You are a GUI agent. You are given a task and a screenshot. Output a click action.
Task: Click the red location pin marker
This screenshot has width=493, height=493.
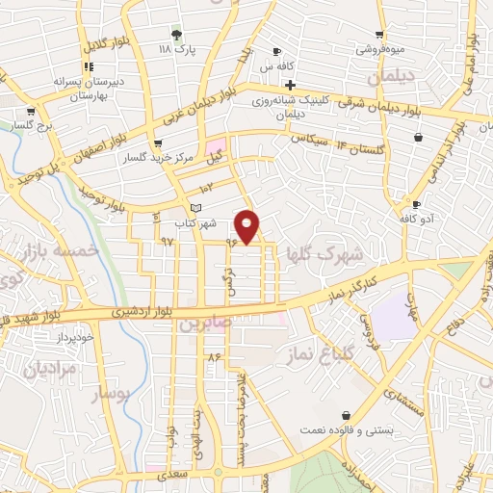[x=247, y=226]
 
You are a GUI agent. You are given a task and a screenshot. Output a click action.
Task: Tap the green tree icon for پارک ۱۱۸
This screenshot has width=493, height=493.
[x=175, y=33]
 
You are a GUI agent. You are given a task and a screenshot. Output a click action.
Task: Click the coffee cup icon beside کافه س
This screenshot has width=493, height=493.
[x=277, y=51]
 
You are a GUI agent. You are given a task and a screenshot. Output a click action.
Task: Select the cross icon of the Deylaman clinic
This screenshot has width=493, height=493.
[x=290, y=85]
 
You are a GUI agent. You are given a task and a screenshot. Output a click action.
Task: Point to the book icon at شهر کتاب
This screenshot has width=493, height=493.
[x=196, y=208]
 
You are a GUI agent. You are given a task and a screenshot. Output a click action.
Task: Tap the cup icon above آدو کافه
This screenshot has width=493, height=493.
[x=416, y=204]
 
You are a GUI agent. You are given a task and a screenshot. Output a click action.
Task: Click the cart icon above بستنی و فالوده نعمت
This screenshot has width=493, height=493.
[x=344, y=415]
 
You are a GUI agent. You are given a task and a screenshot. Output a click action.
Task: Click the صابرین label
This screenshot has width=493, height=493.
[x=204, y=325]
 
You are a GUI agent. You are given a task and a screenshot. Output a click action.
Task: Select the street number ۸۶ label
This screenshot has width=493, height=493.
[x=214, y=356]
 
